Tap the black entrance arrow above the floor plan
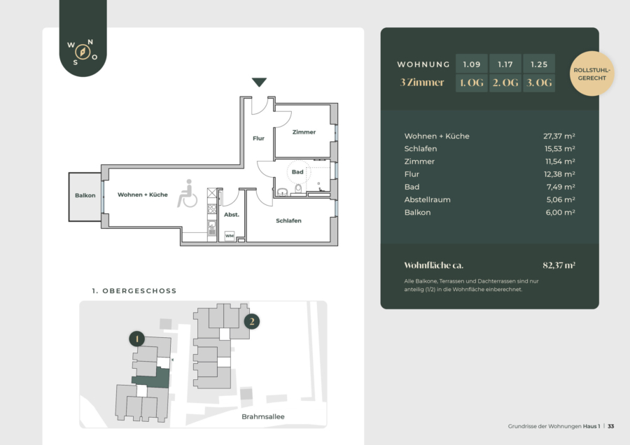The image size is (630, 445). click(x=259, y=82)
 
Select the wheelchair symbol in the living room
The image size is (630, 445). click(x=187, y=194)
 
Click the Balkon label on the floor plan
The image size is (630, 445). click(x=85, y=196)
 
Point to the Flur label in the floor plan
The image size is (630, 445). click(x=258, y=139)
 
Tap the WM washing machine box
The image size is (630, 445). click(x=230, y=236)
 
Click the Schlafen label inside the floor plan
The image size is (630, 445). click(x=288, y=220)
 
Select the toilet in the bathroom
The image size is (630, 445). click(x=298, y=189)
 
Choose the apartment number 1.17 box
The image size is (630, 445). click(x=505, y=64)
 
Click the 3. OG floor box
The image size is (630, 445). click(x=539, y=83)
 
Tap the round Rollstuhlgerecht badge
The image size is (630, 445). click(x=591, y=73)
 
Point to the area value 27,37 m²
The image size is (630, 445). click(x=559, y=136)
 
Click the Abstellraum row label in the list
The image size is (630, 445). click(x=427, y=199)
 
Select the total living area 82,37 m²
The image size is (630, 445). click(x=559, y=265)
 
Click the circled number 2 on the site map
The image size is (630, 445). click(x=252, y=321)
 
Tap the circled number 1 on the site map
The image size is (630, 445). click(x=137, y=339)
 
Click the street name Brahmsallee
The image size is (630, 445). click(x=262, y=416)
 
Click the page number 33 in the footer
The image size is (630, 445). click(x=610, y=426)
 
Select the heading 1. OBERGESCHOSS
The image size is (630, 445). click(x=134, y=291)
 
